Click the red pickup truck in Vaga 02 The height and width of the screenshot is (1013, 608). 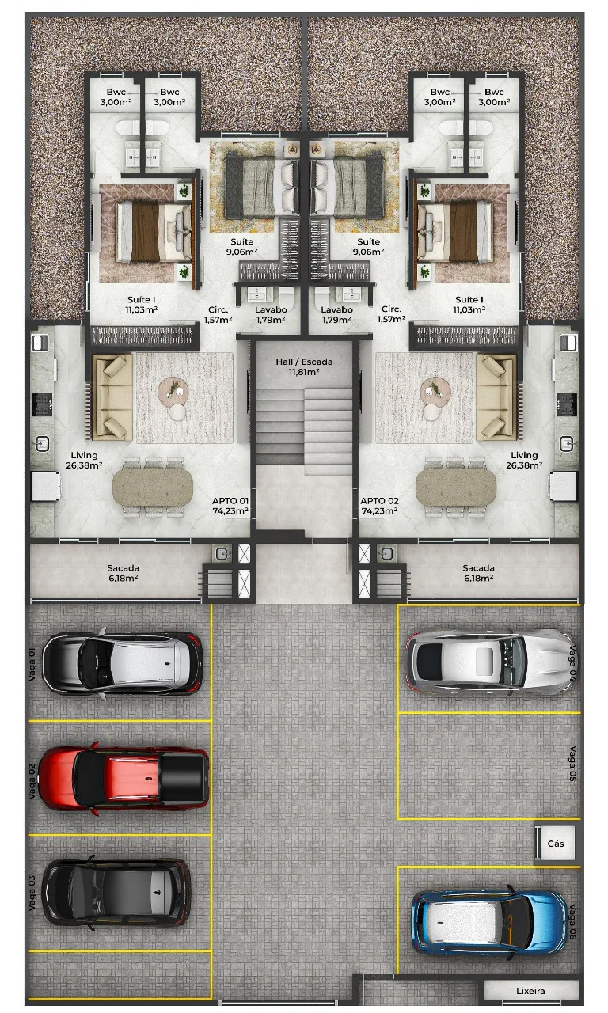point(123,778)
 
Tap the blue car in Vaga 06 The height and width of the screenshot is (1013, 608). point(489,922)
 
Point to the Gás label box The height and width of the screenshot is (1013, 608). point(556,844)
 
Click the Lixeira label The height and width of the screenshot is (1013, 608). point(530,991)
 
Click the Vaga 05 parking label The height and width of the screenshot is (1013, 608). point(573,764)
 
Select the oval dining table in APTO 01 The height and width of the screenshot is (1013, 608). point(153,487)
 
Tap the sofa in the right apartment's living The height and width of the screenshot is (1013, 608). point(496,397)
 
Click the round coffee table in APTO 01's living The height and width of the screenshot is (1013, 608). point(173,389)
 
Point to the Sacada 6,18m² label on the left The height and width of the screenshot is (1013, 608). point(123,573)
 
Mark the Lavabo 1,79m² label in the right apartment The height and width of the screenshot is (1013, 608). point(337,315)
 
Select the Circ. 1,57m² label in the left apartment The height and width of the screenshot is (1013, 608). point(218,315)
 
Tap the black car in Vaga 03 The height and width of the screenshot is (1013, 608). point(116,891)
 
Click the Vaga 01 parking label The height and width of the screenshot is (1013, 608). point(31,664)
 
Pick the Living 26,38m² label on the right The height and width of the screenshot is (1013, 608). point(524,460)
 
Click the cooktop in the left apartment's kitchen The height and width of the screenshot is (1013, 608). point(42,404)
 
